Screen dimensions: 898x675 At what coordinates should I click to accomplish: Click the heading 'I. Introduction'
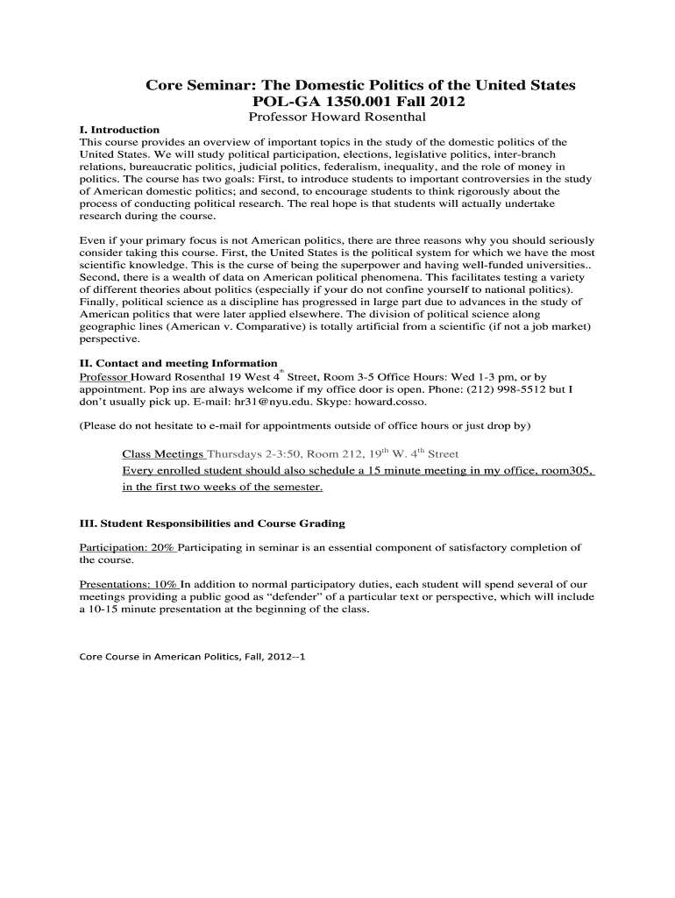click(119, 130)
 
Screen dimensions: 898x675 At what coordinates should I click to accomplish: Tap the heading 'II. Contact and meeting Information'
click(178, 363)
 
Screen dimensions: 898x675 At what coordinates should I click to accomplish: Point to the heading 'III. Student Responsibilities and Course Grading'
click(212, 524)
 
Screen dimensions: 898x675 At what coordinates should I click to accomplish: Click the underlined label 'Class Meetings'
click(163, 454)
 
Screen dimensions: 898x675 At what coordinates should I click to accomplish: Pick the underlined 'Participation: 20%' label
click(127, 547)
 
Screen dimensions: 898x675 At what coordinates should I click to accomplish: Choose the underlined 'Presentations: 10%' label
click(129, 584)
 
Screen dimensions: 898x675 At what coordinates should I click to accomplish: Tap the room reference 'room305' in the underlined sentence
click(567, 471)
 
